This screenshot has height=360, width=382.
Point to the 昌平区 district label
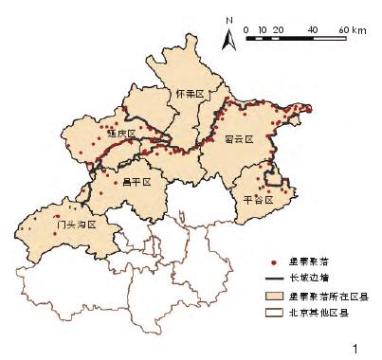click(137, 179)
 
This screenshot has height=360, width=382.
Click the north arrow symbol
click(227, 39)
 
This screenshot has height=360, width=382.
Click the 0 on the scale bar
click(246, 30)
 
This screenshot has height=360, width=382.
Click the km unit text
click(359, 30)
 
